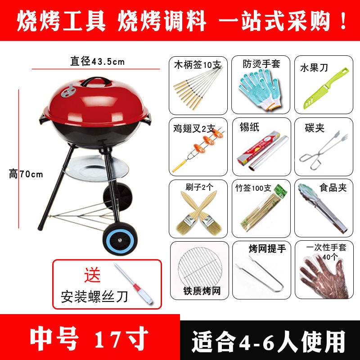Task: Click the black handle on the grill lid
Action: tap(96, 79)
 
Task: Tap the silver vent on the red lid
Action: tap(69, 91)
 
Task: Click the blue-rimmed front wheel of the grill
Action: tap(120, 239)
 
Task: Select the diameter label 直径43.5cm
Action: tap(97, 62)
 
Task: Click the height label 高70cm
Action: tap(26, 174)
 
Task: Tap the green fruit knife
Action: tap(326, 88)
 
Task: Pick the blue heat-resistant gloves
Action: tap(261, 90)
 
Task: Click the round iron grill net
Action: tap(200, 267)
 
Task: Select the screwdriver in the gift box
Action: tap(134, 284)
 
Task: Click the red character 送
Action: tap(92, 274)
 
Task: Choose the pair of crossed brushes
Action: tap(199, 213)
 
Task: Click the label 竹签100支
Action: tap(253, 188)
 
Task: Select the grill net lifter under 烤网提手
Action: tap(260, 274)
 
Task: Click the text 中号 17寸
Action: tap(89, 338)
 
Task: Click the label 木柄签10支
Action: tap(197, 65)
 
